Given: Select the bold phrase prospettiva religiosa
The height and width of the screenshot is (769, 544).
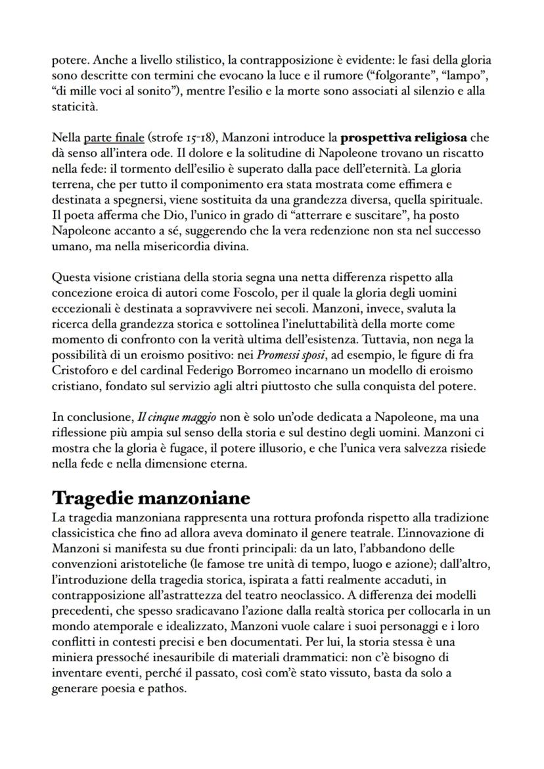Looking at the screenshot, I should tap(403, 138).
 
